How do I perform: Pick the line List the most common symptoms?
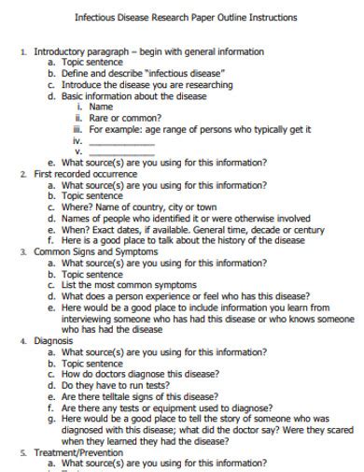(133, 285)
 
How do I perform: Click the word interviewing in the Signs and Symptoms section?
(88, 318)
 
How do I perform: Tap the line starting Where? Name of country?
(139, 207)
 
